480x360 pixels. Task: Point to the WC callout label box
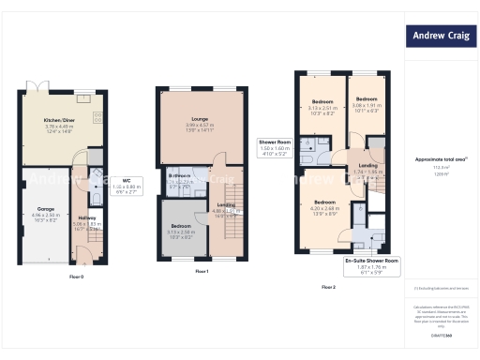[x=127, y=184]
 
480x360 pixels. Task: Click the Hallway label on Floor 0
[x=87, y=220]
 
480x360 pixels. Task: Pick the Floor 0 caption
[x=77, y=277]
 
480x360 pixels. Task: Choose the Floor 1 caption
[x=202, y=271]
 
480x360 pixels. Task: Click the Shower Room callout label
[x=277, y=146]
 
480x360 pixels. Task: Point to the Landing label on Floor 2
[x=368, y=167]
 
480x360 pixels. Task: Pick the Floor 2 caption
[x=327, y=286]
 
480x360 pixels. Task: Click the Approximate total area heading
[x=441, y=159]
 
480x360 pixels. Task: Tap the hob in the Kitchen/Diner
[x=98, y=117]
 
